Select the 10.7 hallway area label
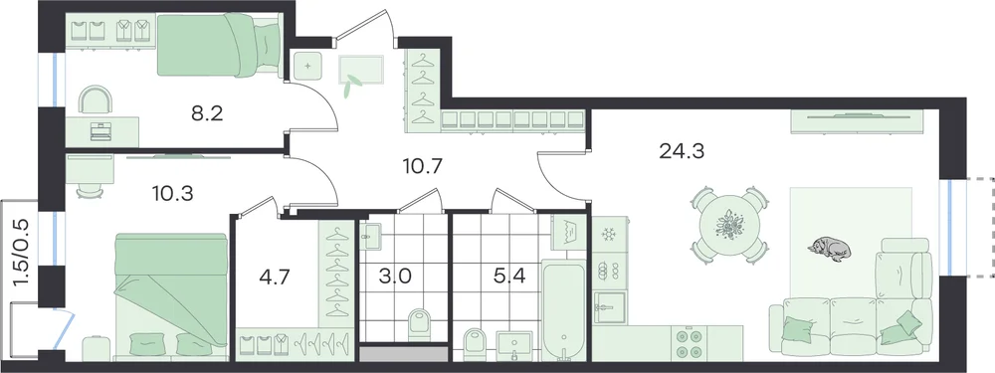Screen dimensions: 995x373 tap(422, 166)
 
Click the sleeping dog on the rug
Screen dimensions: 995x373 tap(830, 248)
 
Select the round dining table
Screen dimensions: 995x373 tap(730, 225)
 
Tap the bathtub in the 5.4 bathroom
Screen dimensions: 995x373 tap(564, 311)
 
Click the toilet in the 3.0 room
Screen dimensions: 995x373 tap(419, 323)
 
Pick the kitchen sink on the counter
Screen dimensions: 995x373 tap(610, 308)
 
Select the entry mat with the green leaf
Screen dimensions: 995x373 tap(361, 70)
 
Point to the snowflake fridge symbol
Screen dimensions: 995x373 tap(609, 234)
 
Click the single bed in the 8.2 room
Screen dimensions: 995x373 tap(219, 46)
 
